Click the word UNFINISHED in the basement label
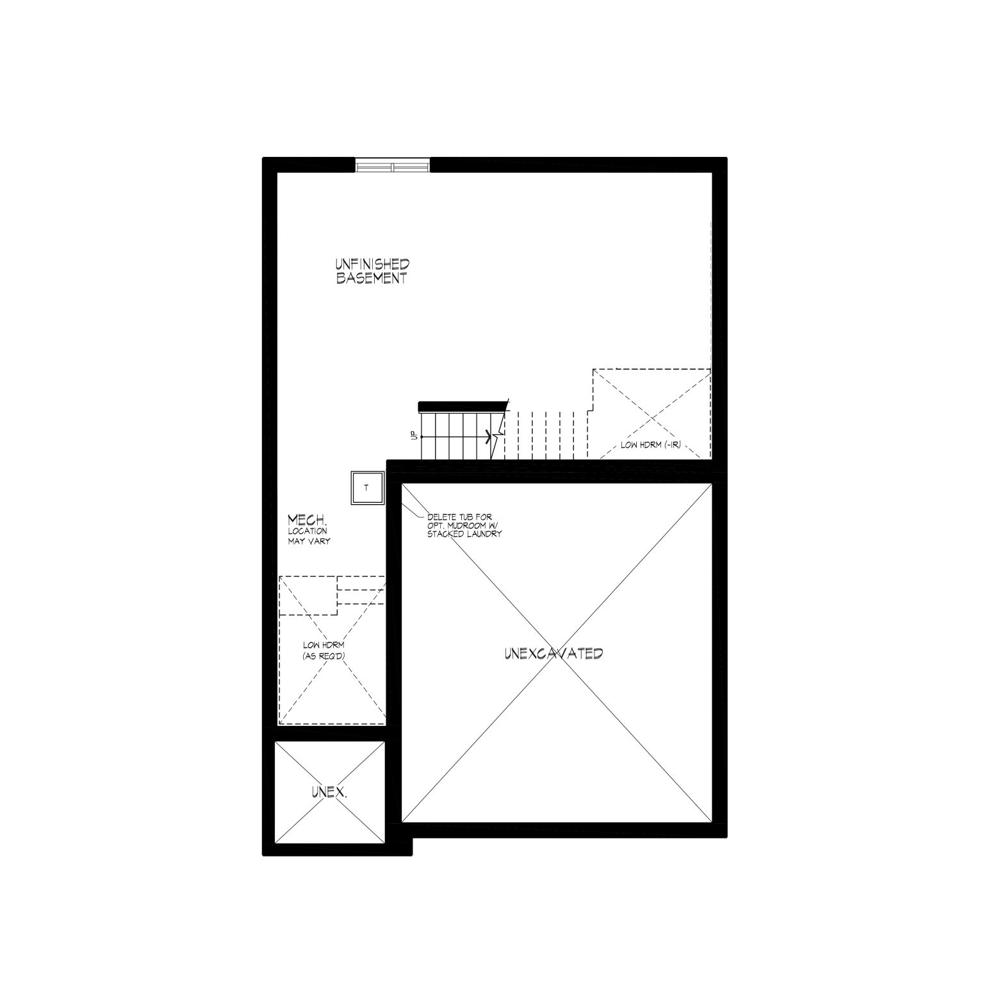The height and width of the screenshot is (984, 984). (372, 264)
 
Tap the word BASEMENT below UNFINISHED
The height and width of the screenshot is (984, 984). (372, 279)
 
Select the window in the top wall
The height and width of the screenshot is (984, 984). (393, 166)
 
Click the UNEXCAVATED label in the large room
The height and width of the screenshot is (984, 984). (553, 654)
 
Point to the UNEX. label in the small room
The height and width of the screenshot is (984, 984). (329, 792)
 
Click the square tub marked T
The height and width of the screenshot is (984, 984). (367, 488)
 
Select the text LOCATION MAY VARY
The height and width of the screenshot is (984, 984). (309, 536)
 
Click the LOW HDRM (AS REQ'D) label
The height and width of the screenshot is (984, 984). (324, 651)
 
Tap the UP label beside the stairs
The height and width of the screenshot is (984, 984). (414, 436)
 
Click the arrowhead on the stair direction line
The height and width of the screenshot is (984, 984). (491, 437)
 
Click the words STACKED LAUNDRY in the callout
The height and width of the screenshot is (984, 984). (464, 534)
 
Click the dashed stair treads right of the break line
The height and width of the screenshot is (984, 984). (546, 436)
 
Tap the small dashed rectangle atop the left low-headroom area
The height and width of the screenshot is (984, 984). (308, 596)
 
